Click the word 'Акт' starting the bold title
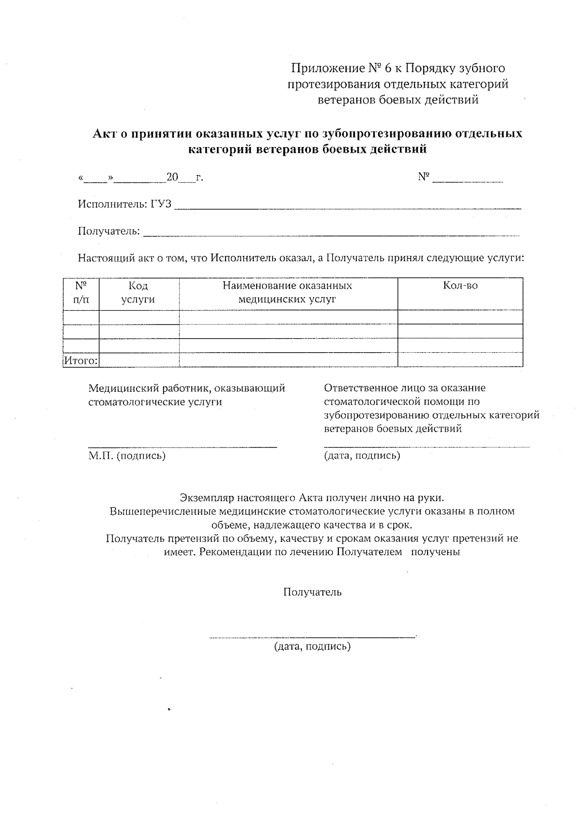[x=103, y=134]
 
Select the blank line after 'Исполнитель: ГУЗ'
[x=347, y=208]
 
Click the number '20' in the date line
[x=172, y=178]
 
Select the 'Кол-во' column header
[x=460, y=286]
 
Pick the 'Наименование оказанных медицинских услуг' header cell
[x=287, y=293]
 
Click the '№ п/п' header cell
[x=81, y=293]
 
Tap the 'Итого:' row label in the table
[x=81, y=360]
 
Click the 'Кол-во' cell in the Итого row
[x=460, y=360]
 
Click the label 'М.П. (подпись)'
[x=127, y=456]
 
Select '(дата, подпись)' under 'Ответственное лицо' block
[x=362, y=456]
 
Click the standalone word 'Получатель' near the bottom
[x=312, y=592]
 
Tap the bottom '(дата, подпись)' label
[x=312, y=646]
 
